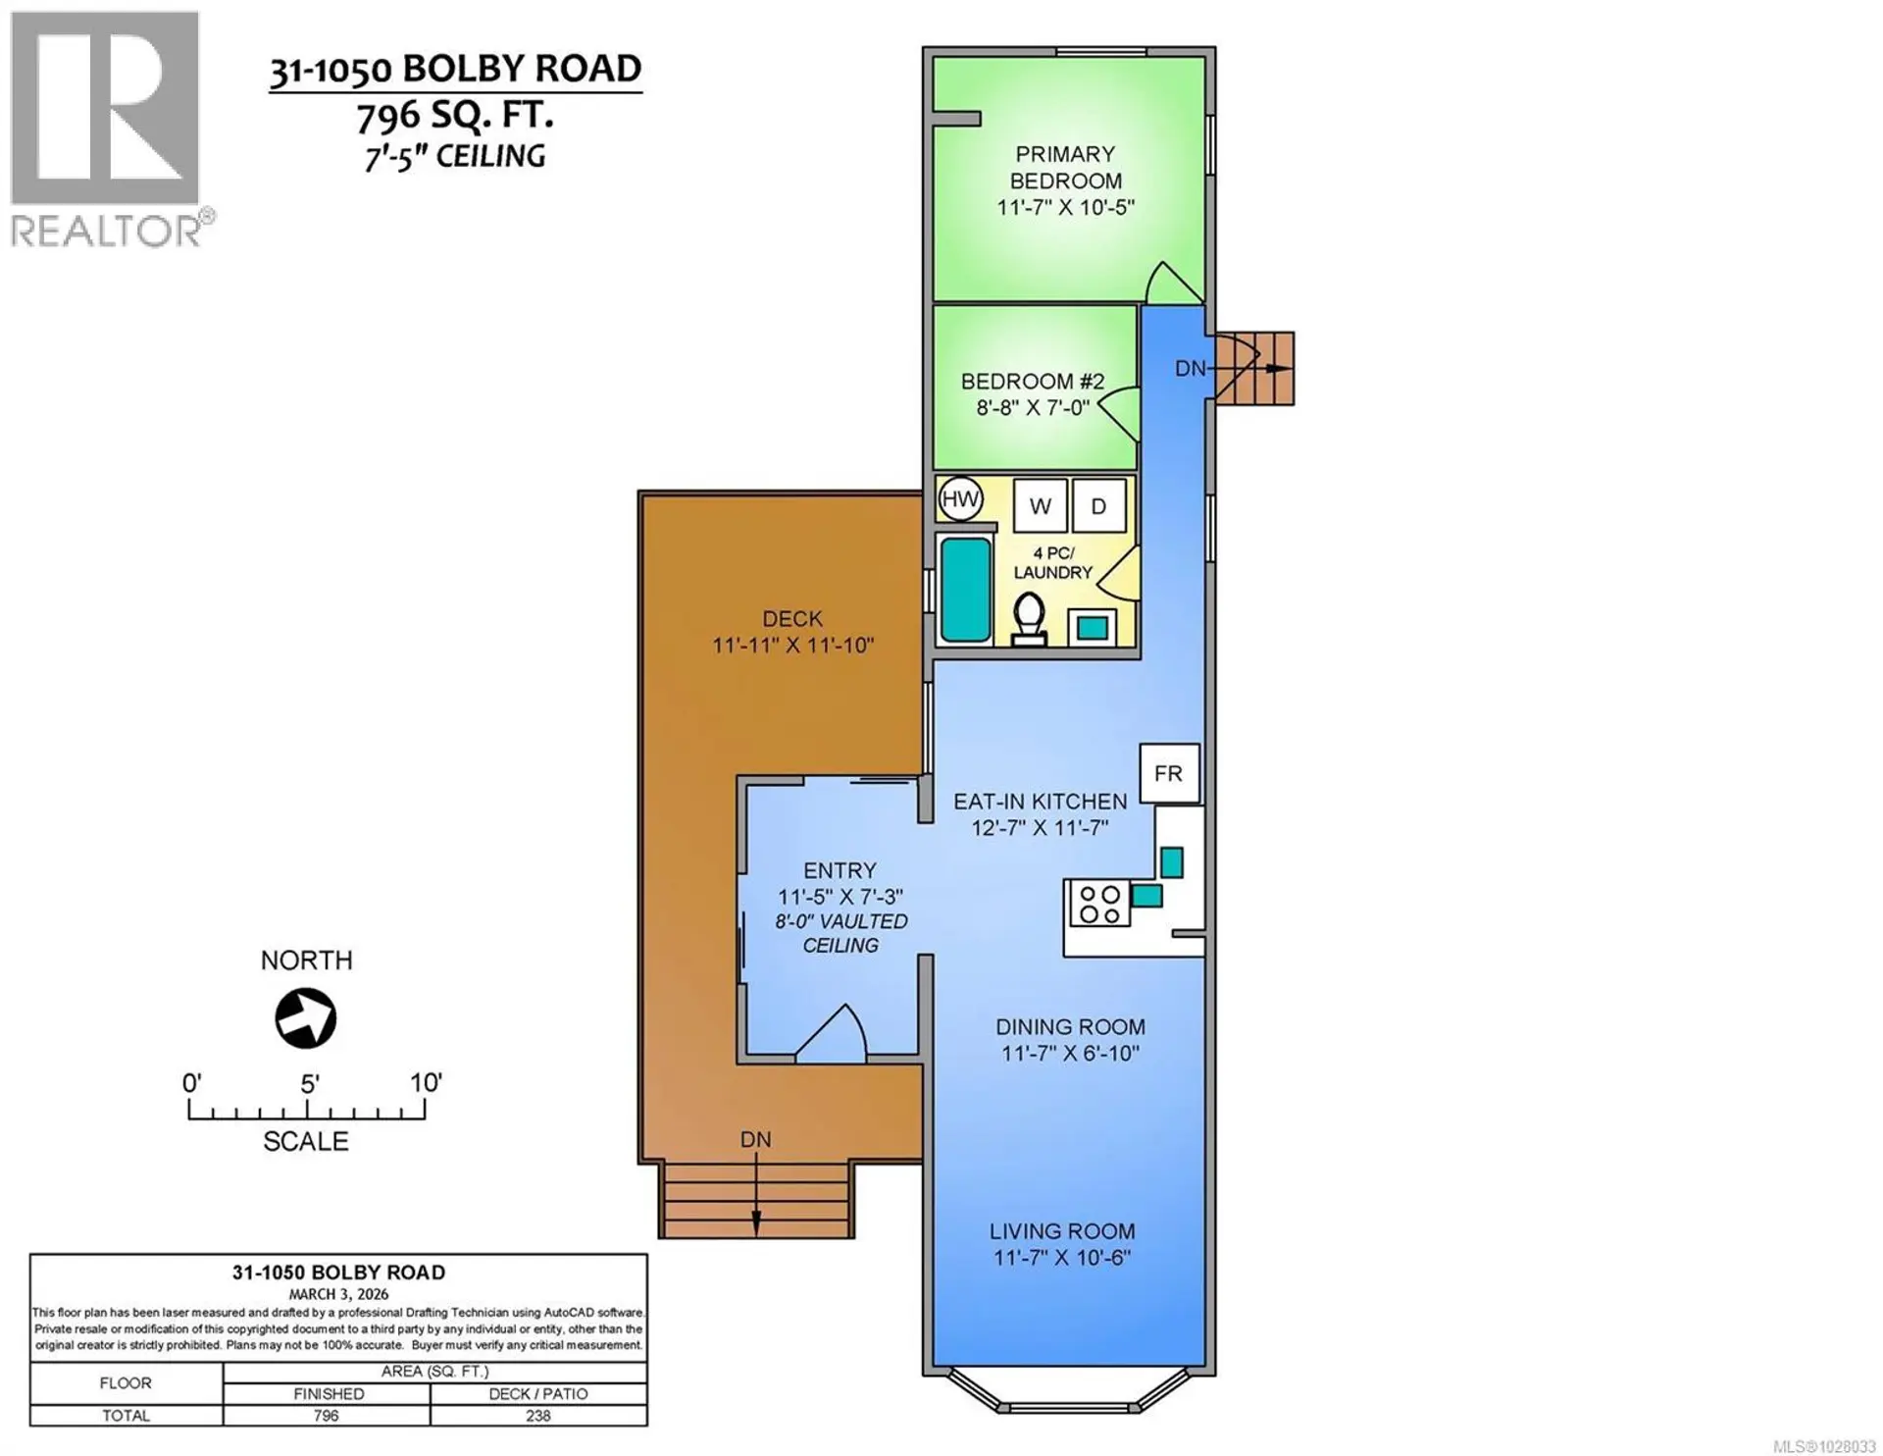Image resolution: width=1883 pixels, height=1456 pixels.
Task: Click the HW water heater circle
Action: click(959, 499)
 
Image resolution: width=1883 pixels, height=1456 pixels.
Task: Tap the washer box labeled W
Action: click(1040, 506)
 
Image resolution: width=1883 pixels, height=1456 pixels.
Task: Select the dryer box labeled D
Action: click(1098, 506)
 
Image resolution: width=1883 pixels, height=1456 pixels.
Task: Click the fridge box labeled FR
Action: click(1169, 774)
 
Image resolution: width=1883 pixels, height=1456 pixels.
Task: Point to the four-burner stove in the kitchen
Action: click(1098, 905)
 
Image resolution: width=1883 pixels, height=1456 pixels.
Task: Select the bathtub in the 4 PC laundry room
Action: click(965, 590)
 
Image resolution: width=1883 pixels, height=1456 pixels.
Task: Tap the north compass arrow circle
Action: click(306, 1019)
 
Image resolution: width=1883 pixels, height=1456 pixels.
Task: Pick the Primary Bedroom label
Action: click(1065, 168)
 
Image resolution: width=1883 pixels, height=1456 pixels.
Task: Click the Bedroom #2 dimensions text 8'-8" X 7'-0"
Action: click(1033, 407)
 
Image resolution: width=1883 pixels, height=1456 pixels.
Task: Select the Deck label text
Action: click(792, 619)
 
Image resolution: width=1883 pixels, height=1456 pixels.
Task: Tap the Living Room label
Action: click(1062, 1231)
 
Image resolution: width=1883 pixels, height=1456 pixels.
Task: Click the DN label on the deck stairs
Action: click(755, 1140)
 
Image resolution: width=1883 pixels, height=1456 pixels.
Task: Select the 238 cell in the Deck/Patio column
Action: click(537, 1416)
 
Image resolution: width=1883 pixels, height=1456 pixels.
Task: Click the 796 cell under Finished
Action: click(327, 1416)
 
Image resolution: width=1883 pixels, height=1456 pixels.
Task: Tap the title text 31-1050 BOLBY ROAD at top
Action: click(455, 70)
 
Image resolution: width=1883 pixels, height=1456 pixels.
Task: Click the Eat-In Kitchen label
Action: click(1040, 802)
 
